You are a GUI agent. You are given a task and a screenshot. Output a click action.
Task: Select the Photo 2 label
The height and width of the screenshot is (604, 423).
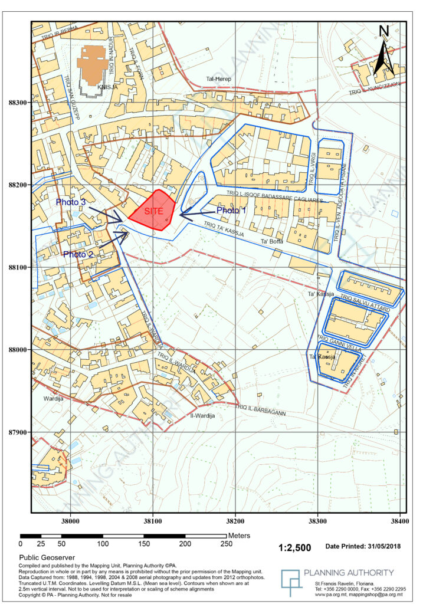click(78, 254)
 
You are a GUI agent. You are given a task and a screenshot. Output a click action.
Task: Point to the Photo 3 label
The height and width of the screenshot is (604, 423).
click(71, 202)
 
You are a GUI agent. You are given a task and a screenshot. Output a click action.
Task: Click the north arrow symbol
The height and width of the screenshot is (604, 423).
click(383, 53)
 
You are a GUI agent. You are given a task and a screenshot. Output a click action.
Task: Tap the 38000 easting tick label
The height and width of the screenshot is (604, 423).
click(70, 521)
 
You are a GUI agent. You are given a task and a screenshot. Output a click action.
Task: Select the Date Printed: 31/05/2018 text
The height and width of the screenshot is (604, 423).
click(363, 547)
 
